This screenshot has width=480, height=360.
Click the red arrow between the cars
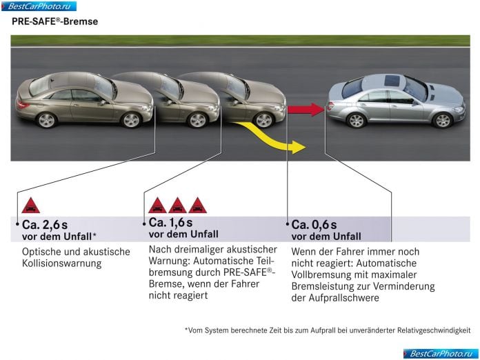(306, 109)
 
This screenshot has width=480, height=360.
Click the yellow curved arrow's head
(299, 148)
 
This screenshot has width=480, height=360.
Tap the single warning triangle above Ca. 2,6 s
(30, 206)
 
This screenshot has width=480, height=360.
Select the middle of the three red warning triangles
(177, 206)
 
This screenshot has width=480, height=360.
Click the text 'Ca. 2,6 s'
(45, 225)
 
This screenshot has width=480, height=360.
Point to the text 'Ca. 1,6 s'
(170, 223)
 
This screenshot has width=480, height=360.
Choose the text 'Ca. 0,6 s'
(314, 225)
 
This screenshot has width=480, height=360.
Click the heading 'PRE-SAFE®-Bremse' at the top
(54, 21)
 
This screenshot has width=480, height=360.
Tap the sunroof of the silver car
(392, 81)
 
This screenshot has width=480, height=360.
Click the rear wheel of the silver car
(356, 120)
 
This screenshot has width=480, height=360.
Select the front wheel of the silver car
(442, 120)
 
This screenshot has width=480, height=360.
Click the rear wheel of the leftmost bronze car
(46, 120)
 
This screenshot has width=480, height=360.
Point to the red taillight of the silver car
(330, 106)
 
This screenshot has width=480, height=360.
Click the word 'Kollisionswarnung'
(61, 263)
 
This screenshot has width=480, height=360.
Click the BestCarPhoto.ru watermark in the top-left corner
(39, 6)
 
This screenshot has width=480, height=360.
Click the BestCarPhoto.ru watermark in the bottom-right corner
(441, 354)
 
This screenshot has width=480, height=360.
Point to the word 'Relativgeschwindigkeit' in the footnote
(434, 330)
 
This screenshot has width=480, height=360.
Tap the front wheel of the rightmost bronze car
(264, 120)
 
